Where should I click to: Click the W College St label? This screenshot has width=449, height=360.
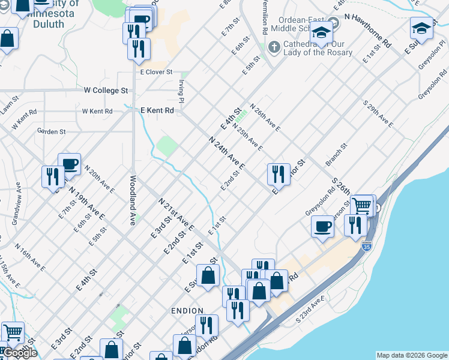click(x=106, y=91)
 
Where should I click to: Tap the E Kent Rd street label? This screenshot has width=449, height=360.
click(x=157, y=110)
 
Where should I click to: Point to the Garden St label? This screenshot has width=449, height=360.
click(x=51, y=131)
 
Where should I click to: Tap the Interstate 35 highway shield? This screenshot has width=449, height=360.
click(x=367, y=246)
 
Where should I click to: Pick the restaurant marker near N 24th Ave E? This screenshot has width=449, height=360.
click(x=279, y=174)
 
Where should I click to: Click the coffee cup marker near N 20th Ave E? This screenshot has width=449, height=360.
click(x=70, y=164)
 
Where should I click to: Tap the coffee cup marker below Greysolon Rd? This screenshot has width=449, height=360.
click(x=323, y=226)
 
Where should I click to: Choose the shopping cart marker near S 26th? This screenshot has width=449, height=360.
click(x=362, y=205)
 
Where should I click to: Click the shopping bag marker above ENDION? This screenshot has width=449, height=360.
click(x=208, y=277)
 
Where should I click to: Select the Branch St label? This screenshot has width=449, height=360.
click(x=337, y=155)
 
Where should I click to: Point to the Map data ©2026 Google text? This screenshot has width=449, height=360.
click(x=412, y=355)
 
